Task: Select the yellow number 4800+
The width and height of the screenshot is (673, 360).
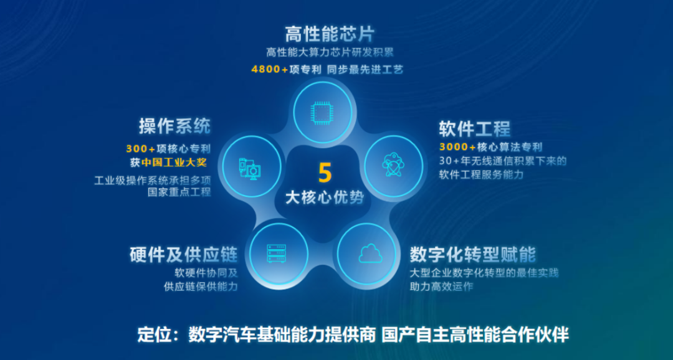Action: click(x=270, y=69)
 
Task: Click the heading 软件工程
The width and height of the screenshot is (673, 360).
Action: click(x=475, y=128)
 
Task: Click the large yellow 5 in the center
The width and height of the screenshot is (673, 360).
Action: click(x=325, y=172)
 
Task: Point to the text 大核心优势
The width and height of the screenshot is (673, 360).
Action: click(x=325, y=197)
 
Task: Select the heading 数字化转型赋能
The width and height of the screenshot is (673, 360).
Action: click(x=473, y=254)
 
